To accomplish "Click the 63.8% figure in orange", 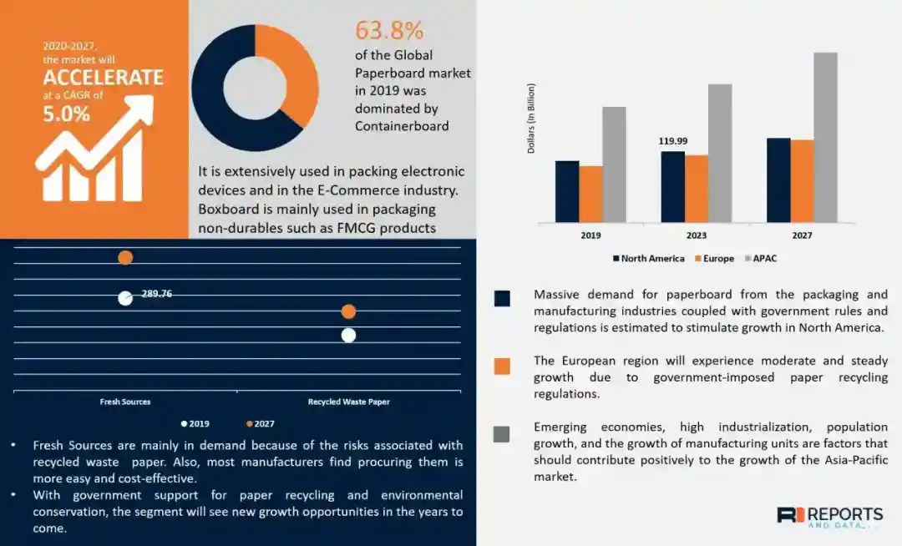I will [389, 30].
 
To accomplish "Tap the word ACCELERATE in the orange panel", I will [103, 78].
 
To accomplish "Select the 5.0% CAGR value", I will [66, 114].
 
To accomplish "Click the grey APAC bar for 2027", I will [825, 138].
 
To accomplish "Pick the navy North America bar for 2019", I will [567, 191].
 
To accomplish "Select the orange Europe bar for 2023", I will [697, 189].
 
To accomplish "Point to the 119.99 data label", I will [673, 141].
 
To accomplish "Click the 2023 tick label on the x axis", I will [697, 235].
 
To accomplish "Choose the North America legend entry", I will [648, 259].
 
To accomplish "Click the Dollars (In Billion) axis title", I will [531, 118].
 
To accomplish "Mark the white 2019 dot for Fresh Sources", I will [125, 298].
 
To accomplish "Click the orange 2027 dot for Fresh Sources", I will [125, 257].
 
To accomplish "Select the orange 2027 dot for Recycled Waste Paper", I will [348, 311].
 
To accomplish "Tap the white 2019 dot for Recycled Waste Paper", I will [348, 335].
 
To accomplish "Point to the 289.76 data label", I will [157, 293].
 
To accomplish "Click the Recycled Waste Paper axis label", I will [348, 402].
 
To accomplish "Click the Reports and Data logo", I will [829, 516].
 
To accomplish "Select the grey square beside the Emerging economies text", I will [502, 434].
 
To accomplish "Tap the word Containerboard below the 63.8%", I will [402, 126].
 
